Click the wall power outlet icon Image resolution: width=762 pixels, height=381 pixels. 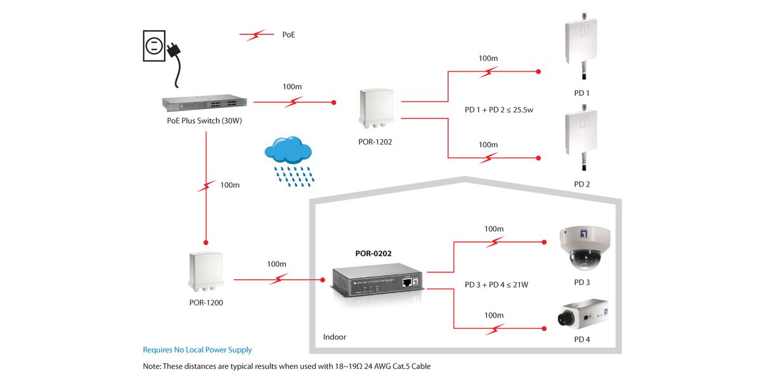[x=154, y=46]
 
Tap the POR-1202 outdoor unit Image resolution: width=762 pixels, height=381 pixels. [x=375, y=112]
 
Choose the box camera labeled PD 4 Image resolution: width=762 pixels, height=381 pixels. [x=582, y=314]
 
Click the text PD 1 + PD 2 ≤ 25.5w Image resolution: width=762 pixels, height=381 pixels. [x=498, y=109]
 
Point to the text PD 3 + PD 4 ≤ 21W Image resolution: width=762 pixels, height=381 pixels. [x=497, y=284]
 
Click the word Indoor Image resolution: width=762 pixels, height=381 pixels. [x=335, y=337]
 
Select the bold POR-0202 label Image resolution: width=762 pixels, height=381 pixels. [x=373, y=253]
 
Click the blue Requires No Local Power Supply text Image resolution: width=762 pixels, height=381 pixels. [x=197, y=350]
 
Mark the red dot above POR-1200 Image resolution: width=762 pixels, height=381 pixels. [x=206, y=243]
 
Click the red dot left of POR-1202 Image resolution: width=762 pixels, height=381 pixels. [x=333, y=102]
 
